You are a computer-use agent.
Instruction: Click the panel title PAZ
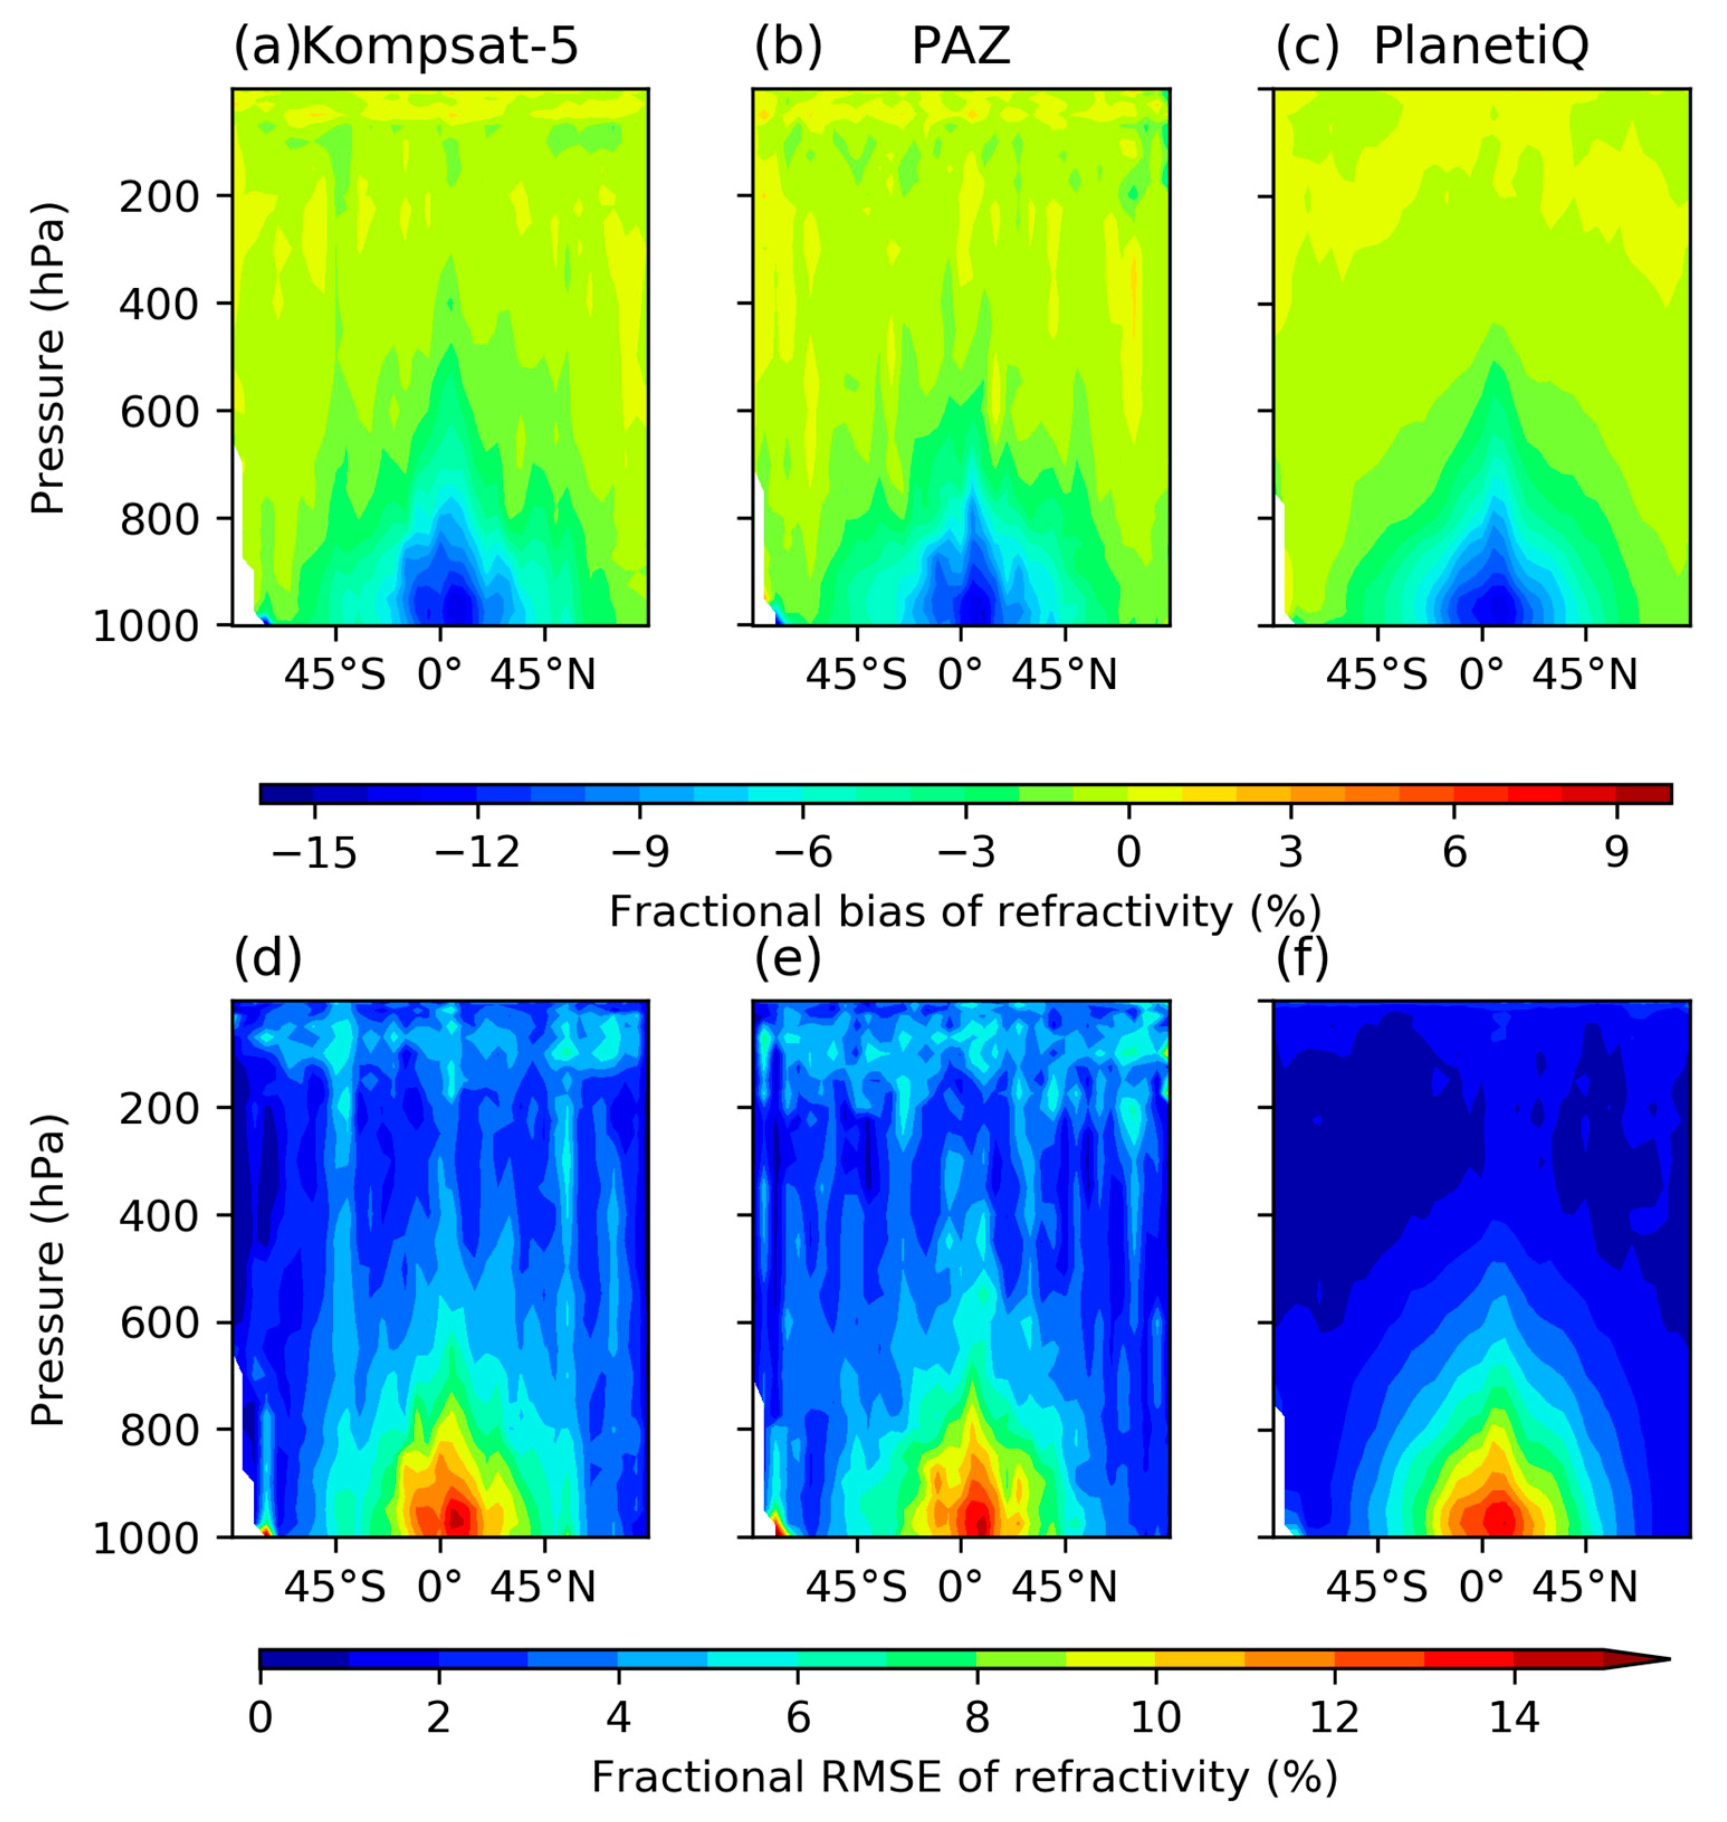[960, 46]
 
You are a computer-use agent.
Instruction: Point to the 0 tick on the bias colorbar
[1128, 852]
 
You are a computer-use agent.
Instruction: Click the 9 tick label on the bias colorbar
[1616, 852]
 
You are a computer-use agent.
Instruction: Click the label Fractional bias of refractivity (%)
[965, 912]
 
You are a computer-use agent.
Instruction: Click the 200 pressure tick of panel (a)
[160, 196]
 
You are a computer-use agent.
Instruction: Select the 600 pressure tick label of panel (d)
[160, 1323]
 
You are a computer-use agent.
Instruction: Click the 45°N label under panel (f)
[1585, 1587]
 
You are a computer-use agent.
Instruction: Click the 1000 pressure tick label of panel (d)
[147, 1538]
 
